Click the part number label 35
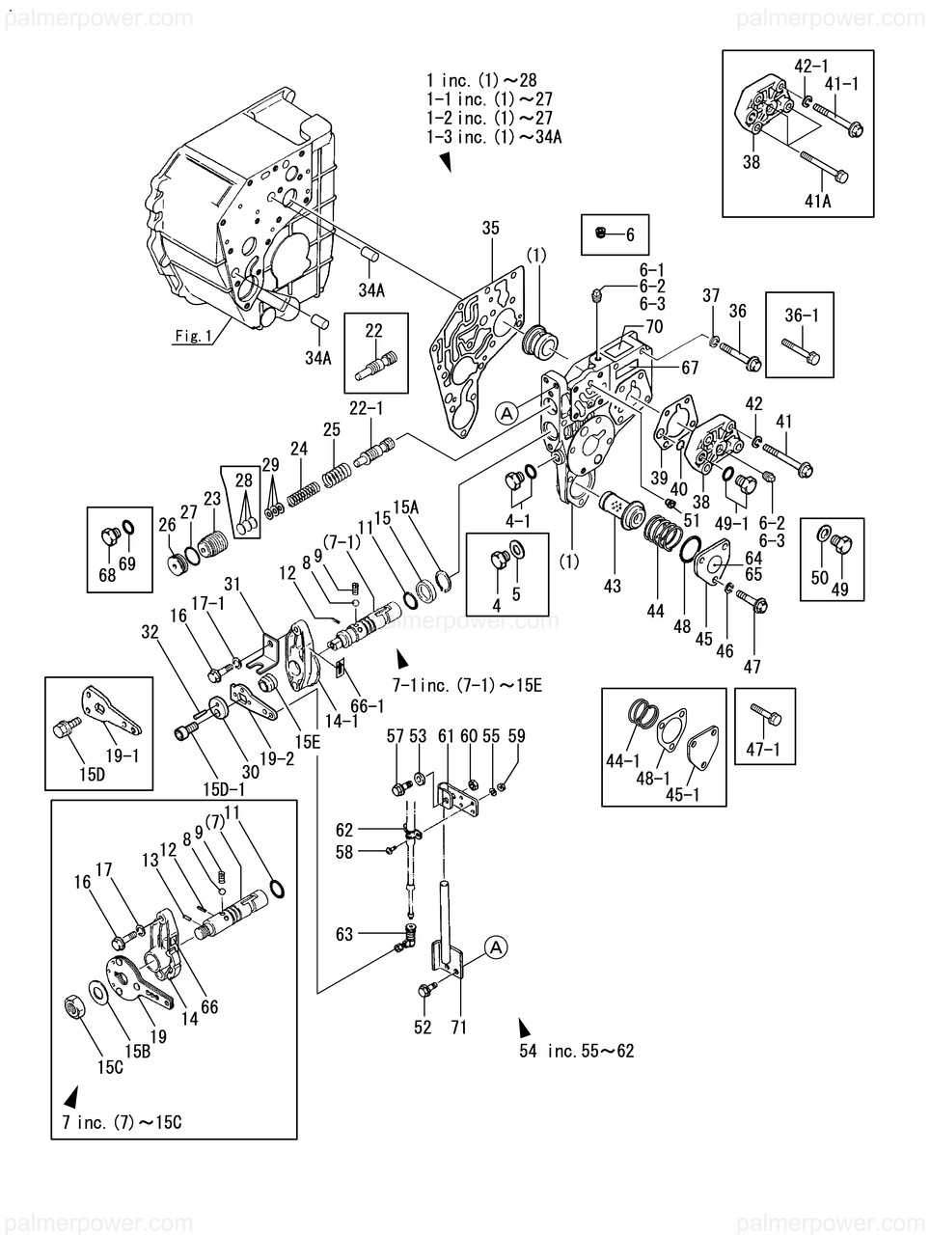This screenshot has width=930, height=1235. tap(491, 229)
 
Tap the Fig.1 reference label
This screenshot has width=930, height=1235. tap(192, 337)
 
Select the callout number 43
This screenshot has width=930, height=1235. tap(613, 585)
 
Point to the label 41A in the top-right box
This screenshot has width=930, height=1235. tap(818, 201)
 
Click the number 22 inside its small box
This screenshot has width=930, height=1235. tap(374, 330)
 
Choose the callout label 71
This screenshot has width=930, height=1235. tap(458, 1028)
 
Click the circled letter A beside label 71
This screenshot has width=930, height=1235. tap(495, 948)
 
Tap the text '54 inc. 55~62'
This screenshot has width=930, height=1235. tap(576, 1051)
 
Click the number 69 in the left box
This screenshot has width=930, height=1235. tap(127, 563)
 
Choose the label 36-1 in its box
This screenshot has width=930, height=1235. tap(800, 314)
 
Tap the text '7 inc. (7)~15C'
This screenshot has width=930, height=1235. tap(123, 1124)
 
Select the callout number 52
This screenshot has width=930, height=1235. tap(423, 1028)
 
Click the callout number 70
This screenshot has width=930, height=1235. tap(654, 327)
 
